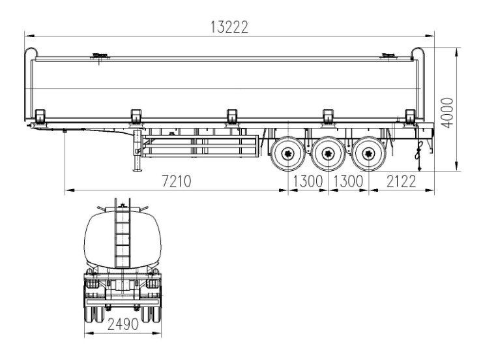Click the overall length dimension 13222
point(229,27)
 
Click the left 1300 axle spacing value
point(308,182)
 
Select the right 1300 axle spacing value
point(350,182)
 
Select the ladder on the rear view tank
point(122,235)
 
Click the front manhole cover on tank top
point(99,57)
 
